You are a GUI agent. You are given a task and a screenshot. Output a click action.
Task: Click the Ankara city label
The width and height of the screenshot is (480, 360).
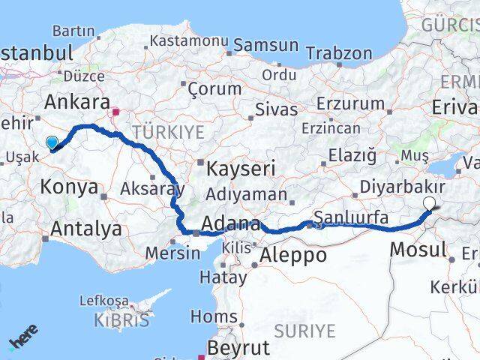(77, 102)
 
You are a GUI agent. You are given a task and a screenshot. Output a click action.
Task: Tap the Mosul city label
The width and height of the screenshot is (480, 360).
(418, 249)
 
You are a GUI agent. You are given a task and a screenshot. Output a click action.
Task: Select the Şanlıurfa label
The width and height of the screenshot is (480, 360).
(352, 218)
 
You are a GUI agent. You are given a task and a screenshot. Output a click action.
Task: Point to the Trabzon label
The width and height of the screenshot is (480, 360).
(339, 53)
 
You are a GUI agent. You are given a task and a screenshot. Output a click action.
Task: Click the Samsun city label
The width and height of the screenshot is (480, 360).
(265, 45)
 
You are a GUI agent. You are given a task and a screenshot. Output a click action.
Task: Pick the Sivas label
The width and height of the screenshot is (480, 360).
(276, 109)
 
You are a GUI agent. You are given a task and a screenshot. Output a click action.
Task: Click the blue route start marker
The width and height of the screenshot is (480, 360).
(52, 142)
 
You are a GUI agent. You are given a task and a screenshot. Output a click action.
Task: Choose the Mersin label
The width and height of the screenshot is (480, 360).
(173, 253)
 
